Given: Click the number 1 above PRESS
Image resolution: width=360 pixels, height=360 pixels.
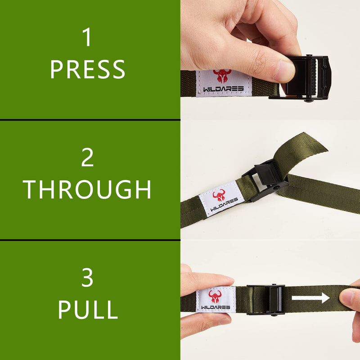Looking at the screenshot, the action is [87, 37].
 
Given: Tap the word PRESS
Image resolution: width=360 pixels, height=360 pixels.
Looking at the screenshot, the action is [88, 69].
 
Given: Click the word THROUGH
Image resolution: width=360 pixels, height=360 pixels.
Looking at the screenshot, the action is [87, 189].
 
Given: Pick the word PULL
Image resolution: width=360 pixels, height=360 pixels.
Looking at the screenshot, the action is [88, 310].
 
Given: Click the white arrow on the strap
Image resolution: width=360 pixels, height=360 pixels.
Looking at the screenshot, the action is [310, 298].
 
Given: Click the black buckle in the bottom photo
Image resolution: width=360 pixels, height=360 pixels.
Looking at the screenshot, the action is [265, 300].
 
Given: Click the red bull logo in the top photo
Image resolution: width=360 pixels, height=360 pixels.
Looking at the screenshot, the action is [222, 76].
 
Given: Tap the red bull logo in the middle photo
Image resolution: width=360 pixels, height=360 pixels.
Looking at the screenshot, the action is [219, 195].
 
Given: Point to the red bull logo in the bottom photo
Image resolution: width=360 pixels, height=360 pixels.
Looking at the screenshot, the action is [215, 297].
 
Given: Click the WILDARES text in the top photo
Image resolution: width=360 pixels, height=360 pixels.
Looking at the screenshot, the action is [223, 89].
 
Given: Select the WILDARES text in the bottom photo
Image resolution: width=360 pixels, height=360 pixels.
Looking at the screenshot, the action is [216, 307].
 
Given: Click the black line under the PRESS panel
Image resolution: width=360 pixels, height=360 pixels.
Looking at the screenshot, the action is [90, 120].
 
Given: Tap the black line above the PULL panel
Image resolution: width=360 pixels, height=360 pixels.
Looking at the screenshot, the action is [90, 240].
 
